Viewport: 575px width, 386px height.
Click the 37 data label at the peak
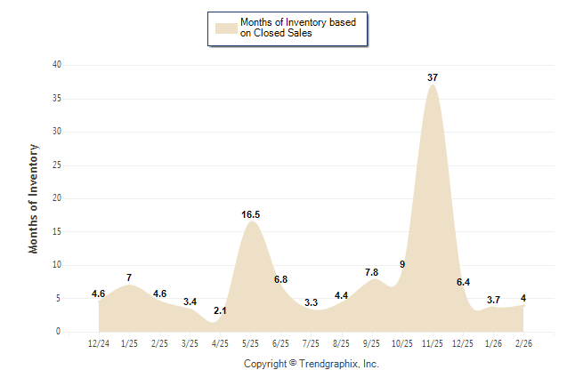tap(433, 78)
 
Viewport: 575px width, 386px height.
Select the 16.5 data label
tap(251, 214)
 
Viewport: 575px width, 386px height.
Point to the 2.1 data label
tap(221, 310)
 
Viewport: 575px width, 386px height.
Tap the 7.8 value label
tap(372, 272)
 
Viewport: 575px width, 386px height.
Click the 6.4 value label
tap(463, 282)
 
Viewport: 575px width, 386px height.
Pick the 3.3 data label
tap(312, 302)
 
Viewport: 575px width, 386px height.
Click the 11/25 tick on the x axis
tap(433, 343)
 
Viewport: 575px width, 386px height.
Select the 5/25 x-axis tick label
tap(251, 343)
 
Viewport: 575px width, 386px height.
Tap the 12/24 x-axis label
tap(99, 343)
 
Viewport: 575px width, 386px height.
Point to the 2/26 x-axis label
tap(523, 343)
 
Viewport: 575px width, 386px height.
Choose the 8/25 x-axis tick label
tap(342, 343)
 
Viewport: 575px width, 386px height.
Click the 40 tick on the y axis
tap(56, 65)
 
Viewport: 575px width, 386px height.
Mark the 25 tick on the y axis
tap(56, 165)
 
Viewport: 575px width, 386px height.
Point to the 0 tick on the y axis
tap(59, 332)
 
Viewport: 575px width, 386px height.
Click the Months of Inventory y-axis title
tap(34, 198)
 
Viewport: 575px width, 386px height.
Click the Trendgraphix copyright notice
tap(312, 364)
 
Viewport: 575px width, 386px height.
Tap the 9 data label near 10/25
tap(402, 265)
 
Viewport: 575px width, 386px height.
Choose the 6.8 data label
tap(281, 279)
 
